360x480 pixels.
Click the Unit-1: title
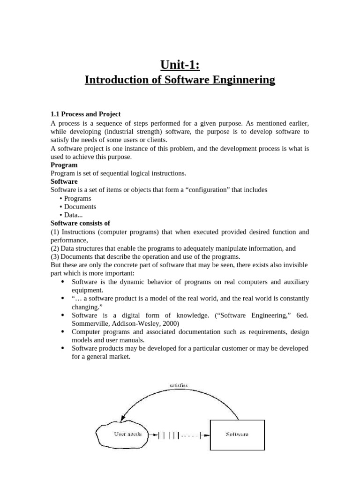coord(180,64)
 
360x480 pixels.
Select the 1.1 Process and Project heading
coord(85,114)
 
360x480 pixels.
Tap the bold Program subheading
coord(64,165)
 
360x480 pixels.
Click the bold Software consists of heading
coord(80,223)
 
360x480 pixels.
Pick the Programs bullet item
coord(77,198)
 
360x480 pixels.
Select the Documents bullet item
coord(80,207)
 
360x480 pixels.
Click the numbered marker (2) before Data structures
coord(54,248)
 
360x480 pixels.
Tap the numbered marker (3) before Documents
coord(54,256)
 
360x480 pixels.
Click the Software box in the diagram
coord(237,435)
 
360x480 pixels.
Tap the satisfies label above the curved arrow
coord(179,385)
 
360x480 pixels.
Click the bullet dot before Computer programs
coord(62,332)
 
